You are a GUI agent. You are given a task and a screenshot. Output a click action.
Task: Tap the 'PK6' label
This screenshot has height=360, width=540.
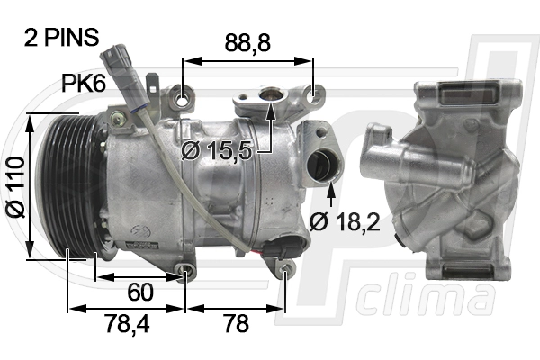point(84,84)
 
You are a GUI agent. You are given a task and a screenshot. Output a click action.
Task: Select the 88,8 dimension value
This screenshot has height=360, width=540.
point(247,42)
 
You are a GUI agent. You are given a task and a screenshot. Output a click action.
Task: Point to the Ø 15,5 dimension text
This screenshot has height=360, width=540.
point(217,150)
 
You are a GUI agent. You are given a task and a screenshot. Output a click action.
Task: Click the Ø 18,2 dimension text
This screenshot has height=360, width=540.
point(347,221)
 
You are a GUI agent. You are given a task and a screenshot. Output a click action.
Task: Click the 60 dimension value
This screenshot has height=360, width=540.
point(139,292)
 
